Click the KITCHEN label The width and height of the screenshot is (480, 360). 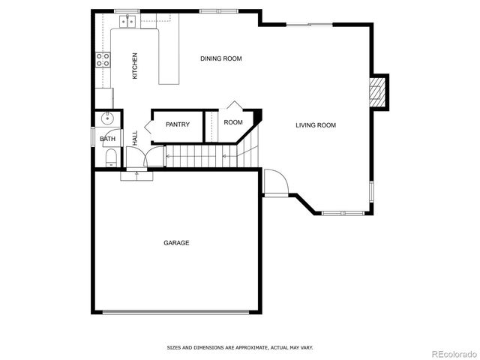[135, 66]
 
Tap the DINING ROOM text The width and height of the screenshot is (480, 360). [220, 58]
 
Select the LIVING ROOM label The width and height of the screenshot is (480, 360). [315, 125]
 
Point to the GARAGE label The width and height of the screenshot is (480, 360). [176, 243]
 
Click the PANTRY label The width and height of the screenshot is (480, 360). [178, 124]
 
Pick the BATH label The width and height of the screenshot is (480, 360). [108, 139]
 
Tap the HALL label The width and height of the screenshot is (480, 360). [135, 138]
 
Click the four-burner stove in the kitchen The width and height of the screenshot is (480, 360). [103, 60]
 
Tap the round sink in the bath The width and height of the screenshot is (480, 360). [107, 118]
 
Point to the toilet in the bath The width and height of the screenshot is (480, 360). [110, 156]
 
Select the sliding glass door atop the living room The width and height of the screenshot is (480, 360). [309, 25]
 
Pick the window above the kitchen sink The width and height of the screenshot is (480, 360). [127, 11]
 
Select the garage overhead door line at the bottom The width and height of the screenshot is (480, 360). [176, 313]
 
